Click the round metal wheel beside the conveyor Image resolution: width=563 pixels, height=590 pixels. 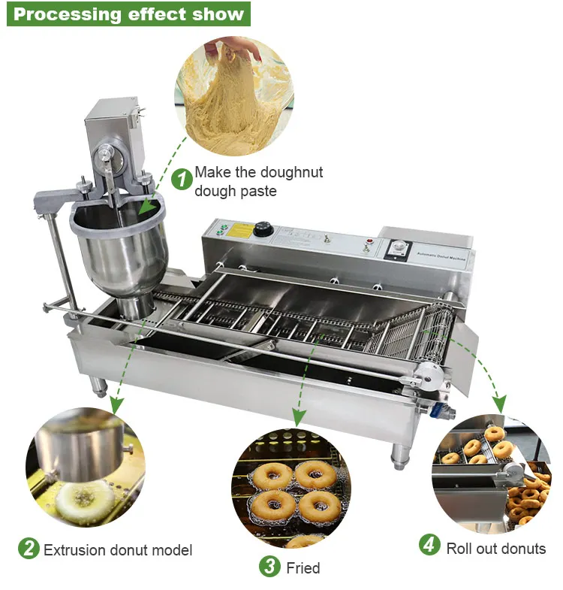click(429, 371)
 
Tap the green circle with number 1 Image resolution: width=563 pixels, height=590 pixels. click(182, 180)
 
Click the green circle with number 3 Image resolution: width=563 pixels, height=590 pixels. click(269, 566)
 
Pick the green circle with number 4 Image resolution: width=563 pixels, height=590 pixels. click(429, 544)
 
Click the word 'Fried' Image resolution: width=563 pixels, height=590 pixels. click(303, 568)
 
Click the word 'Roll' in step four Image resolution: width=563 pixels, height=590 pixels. click(459, 548)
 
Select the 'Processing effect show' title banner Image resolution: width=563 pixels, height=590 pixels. click(128, 14)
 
